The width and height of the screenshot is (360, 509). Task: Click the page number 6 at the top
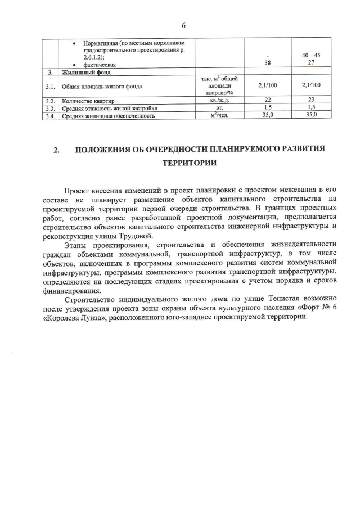(x=183, y=25)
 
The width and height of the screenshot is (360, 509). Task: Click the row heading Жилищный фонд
(x=86, y=73)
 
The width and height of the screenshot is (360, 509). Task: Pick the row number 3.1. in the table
(x=51, y=86)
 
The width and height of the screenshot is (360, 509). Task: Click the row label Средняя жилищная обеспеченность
(x=109, y=115)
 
